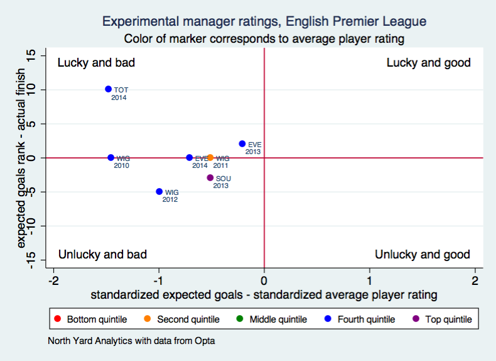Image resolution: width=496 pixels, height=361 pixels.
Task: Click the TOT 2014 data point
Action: [108, 89]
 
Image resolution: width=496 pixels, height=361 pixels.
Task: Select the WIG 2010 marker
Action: [111, 158]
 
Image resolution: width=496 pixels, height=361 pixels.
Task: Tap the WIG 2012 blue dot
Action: [159, 192]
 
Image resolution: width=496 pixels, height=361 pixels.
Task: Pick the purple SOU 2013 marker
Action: [210, 178]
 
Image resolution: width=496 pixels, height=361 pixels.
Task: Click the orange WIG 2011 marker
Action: [210, 158]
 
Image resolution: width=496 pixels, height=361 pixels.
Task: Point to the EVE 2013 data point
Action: [242, 143]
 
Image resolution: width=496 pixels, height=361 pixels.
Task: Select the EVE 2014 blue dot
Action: [190, 158]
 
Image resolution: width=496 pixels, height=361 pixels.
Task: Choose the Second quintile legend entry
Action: [182, 319]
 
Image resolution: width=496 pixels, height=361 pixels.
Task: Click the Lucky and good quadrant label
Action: [428, 63]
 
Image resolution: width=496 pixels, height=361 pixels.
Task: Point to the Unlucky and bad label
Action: [102, 255]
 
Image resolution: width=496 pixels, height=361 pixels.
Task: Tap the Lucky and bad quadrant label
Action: [96, 63]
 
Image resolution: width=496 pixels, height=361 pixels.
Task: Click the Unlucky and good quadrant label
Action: [422, 255]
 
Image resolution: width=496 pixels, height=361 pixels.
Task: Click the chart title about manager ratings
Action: [264, 21]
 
